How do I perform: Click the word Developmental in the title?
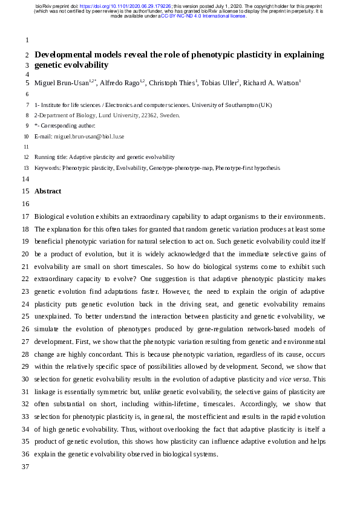pyautogui.click(x=64, y=54)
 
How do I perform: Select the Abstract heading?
pyautogui.click(x=48, y=191)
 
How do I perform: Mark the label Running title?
pyautogui.click(x=51, y=157)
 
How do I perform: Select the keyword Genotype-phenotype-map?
pyautogui.click(x=180, y=168)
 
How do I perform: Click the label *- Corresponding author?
pyautogui.click(x=65, y=126)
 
